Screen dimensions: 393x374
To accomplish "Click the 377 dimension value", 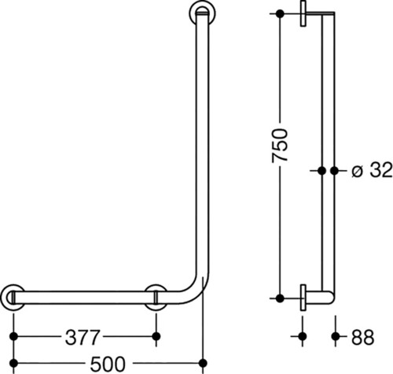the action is pos(83,337).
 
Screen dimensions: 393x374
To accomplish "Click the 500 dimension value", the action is pos(108,365).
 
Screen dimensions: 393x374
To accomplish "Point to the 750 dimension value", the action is pos(280,146).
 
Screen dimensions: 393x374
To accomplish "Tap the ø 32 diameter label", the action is pos(372,170).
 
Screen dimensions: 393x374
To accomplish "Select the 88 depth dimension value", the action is pos(362,337).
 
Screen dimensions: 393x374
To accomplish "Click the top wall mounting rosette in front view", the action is pos(202,13).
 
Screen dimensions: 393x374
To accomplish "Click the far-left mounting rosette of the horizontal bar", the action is pos(13,298).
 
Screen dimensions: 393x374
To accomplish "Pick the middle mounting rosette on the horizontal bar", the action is pos(156,298).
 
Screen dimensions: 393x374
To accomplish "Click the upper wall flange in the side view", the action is pos(303,13).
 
